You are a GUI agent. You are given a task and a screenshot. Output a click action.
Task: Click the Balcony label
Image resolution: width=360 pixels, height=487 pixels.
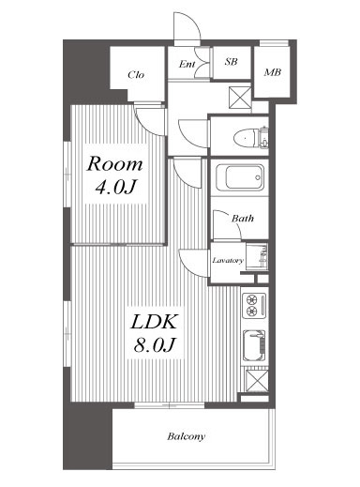click(186, 436)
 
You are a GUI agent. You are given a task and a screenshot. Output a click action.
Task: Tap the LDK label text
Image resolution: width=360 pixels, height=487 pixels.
click(154, 322)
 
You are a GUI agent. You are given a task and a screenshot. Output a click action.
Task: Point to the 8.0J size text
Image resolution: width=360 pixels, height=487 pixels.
click(154, 345)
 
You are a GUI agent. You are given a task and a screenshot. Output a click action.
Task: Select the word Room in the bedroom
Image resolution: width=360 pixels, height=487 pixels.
click(114, 164)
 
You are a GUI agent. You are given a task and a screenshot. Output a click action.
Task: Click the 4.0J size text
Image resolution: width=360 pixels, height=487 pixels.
click(115, 187)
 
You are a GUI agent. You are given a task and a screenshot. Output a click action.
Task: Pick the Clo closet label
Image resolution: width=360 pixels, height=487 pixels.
click(136, 75)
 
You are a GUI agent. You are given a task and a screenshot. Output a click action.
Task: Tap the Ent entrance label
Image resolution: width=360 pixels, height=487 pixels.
click(187, 64)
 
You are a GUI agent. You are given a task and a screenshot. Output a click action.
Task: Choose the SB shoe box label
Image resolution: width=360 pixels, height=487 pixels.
click(231, 62)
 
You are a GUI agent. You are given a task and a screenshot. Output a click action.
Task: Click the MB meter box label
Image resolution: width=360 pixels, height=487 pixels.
click(273, 72)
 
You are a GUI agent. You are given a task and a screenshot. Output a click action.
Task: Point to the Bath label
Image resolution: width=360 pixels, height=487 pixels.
click(243, 218)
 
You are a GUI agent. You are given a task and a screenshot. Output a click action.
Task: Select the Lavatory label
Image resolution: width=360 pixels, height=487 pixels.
click(228, 260)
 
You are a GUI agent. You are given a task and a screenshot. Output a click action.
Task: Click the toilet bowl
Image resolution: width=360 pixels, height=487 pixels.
click(246, 138)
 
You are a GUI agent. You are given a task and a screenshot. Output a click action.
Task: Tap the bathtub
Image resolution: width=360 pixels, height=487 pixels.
click(241, 177)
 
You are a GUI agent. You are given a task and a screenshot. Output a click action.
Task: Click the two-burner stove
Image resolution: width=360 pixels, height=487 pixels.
click(254, 306)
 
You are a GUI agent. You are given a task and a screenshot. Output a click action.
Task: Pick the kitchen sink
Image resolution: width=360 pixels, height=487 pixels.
click(254, 345)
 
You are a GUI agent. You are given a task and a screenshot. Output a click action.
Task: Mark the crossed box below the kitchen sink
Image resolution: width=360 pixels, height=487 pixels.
click(257, 381)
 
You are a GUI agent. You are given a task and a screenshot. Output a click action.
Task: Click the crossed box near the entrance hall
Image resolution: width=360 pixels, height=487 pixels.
click(240, 98)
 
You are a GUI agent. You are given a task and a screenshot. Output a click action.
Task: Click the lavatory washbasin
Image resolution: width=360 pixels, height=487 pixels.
click(257, 256)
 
